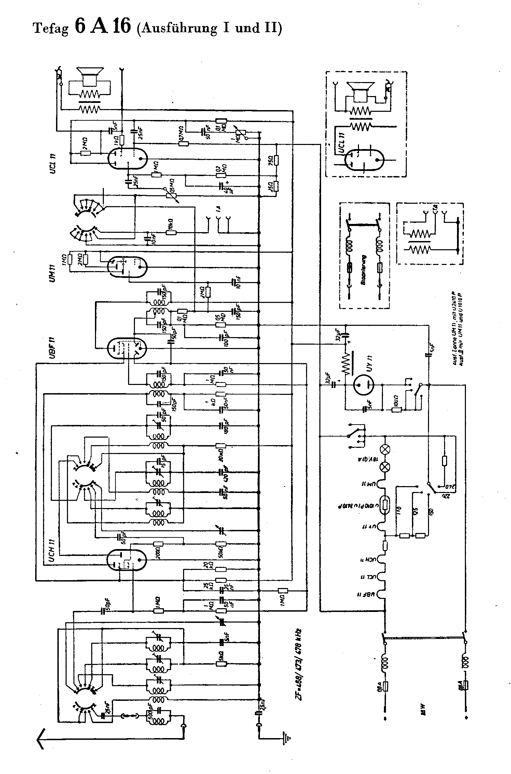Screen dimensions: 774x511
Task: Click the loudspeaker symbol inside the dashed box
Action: pos(361,90)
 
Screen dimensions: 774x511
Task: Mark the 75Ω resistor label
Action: pos(270,160)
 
